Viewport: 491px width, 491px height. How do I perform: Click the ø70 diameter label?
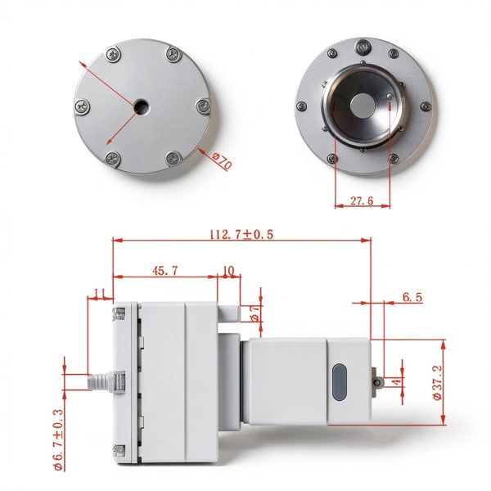coord(222,160)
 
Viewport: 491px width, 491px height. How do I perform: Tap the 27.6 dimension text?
coord(362,200)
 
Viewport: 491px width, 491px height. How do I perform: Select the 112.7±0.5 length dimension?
coord(241,234)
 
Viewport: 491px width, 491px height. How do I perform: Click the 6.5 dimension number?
coord(412,297)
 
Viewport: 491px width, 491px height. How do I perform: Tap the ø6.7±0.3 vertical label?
coord(58,439)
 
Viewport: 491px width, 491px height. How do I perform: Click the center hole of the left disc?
coord(141,106)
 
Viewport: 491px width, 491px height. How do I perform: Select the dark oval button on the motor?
coord(340,382)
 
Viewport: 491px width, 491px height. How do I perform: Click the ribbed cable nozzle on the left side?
coord(100,381)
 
